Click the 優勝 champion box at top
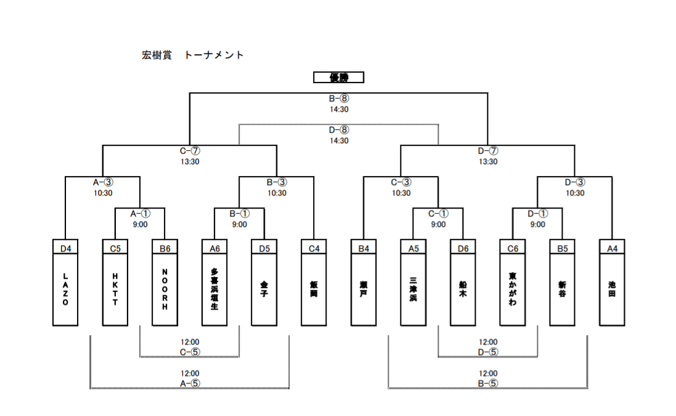[338, 78]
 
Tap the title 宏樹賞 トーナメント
[193, 55]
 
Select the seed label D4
[65, 249]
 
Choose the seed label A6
[214, 249]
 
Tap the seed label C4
[314, 249]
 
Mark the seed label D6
[463, 249]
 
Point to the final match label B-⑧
[339, 98]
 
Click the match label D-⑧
[339, 130]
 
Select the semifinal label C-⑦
[190, 151]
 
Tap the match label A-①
[140, 214]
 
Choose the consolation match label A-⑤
[190, 383]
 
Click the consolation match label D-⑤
[488, 352]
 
